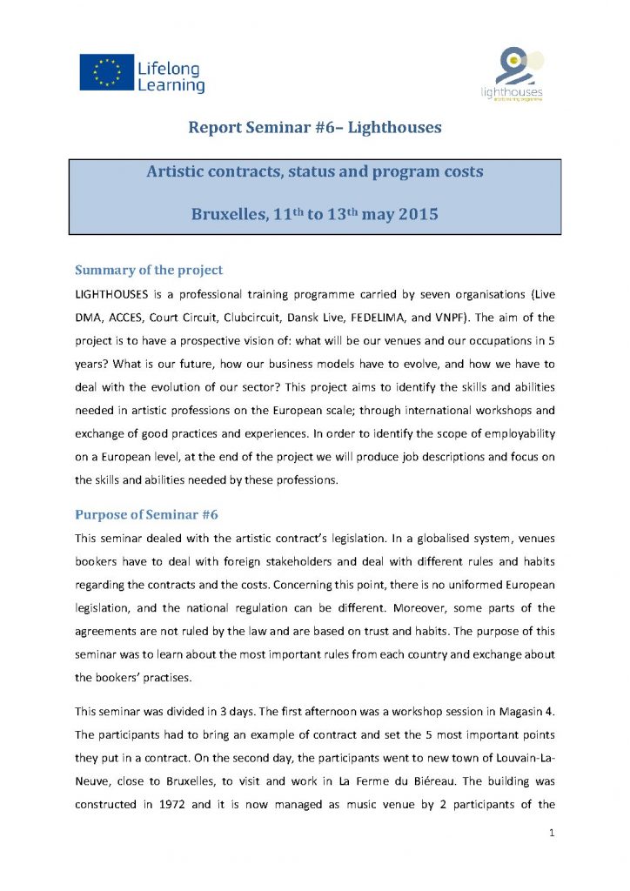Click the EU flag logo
105,72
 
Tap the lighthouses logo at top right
513,75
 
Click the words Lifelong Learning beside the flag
171,77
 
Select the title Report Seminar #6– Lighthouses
315,128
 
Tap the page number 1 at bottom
552,832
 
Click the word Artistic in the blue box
181,171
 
